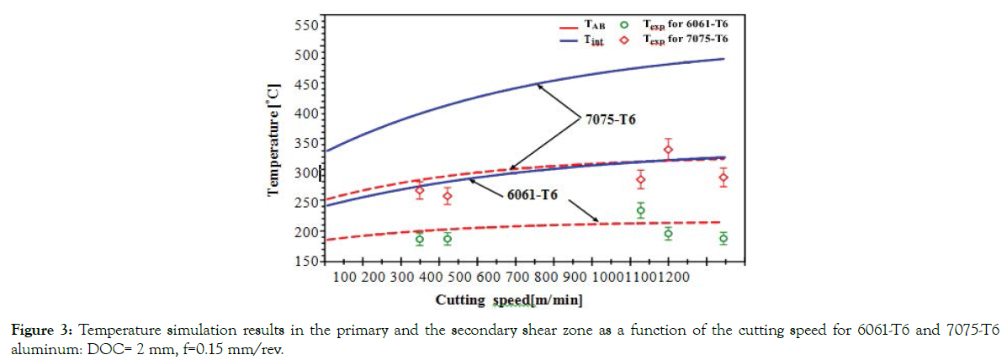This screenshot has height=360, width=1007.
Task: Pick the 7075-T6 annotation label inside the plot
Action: coord(610,120)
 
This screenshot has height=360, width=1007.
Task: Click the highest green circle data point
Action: coord(641,210)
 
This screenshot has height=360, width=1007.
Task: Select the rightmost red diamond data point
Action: coord(723,177)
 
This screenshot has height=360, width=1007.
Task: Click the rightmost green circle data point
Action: coord(723,239)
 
